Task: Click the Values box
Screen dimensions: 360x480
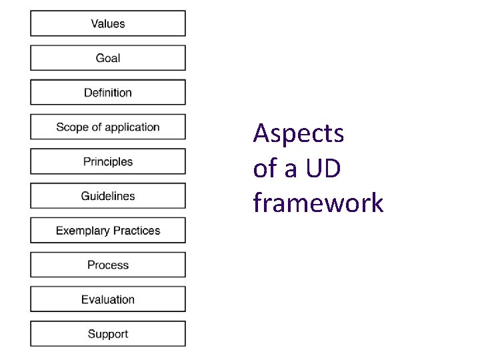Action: pos(107,23)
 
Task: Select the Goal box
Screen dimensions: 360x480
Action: pos(107,58)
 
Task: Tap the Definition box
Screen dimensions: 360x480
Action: pos(107,93)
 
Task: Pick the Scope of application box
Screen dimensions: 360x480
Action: pos(107,127)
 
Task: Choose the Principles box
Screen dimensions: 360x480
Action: pos(107,161)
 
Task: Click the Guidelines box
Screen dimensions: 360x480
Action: pos(107,196)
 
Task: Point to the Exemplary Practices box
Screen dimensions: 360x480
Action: pos(107,231)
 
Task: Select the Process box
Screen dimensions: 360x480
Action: pos(107,265)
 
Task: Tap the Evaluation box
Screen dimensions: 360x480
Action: pos(107,299)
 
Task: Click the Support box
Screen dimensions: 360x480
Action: pos(107,334)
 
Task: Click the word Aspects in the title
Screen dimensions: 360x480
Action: pos(299,135)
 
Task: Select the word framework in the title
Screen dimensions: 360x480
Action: pos(318,203)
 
